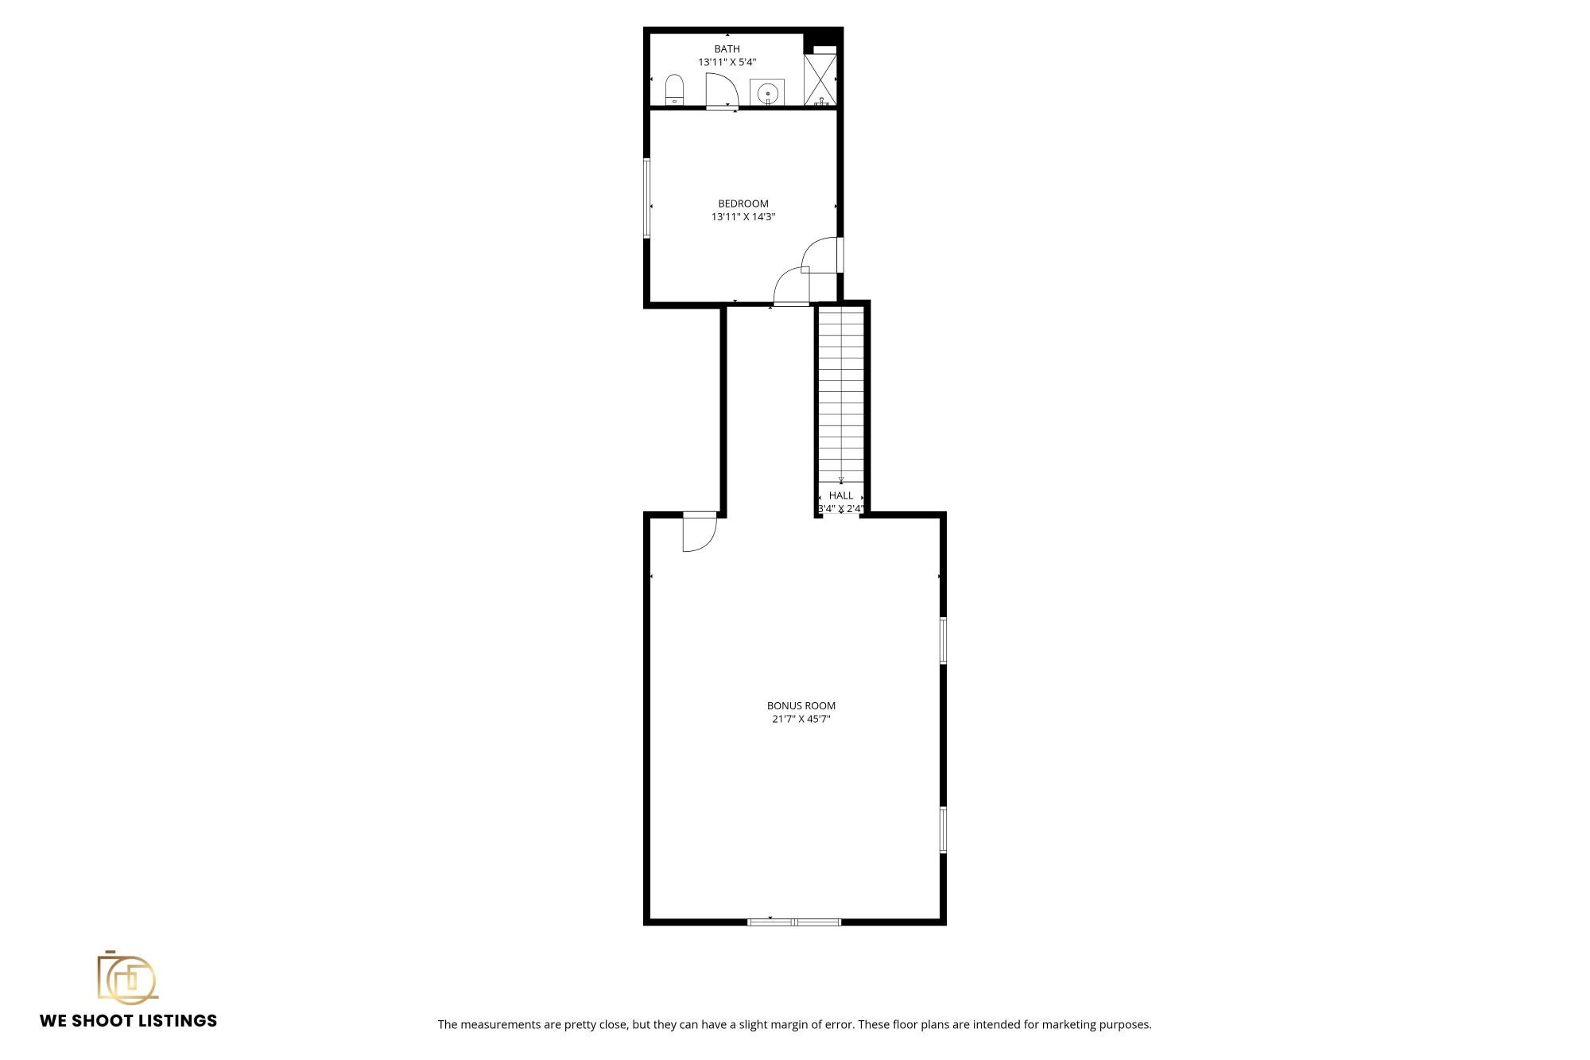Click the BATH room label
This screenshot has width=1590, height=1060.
[x=727, y=49]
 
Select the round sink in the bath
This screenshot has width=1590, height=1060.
[x=768, y=92]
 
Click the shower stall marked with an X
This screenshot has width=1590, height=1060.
[x=820, y=79]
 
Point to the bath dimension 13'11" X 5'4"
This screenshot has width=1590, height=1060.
[x=727, y=62]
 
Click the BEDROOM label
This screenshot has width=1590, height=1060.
[x=743, y=204]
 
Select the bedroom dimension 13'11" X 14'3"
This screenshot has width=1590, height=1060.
[x=743, y=216]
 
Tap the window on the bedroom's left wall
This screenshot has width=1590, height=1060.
[x=647, y=198]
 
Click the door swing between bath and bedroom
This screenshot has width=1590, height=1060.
[x=721, y=90]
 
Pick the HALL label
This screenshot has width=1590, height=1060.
[x=841, y=495]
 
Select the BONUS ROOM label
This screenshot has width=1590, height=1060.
[x=801, y=705]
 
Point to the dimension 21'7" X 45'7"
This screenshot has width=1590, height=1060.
[x=801, y=719]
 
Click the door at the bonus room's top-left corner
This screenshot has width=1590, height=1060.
[x=699, y=531]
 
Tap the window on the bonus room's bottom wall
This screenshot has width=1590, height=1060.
[x=794, y=922]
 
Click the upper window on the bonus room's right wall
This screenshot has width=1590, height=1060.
[x=943, y=640]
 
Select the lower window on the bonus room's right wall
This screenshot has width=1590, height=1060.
[x=943, y=829]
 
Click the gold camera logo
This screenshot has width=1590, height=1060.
[x=127, y=976]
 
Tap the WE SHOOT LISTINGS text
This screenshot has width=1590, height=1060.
[x=129, y=1020]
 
